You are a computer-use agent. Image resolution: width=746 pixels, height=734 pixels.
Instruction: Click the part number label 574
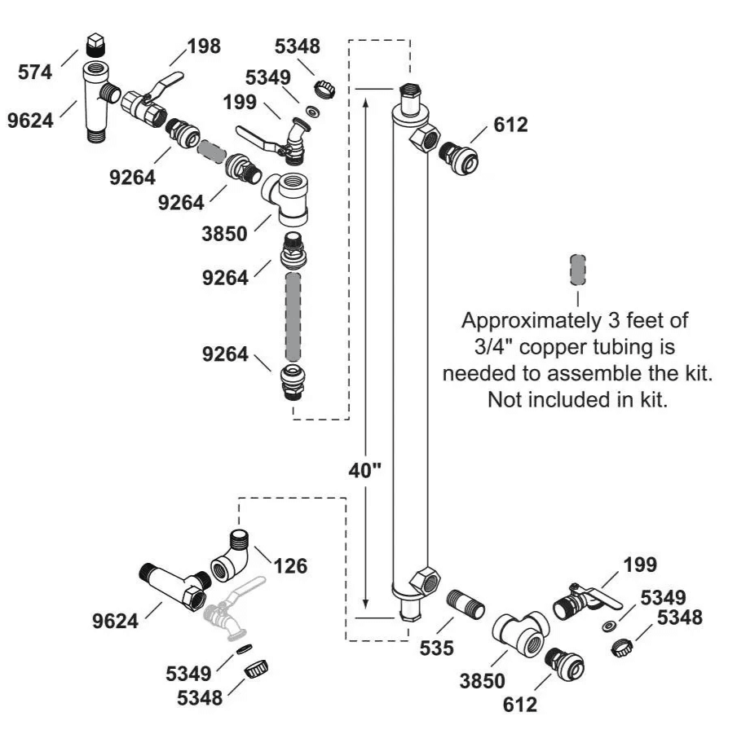[37, 73]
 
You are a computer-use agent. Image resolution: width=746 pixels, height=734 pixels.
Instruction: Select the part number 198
[203, 46]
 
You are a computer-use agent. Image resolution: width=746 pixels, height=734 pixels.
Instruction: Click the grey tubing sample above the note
[577, 267]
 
